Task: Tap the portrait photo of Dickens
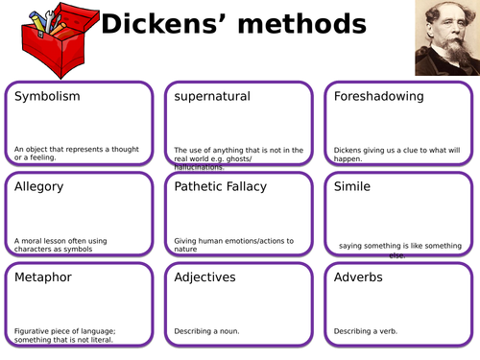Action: [445, 37]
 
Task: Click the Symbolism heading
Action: [47, 97]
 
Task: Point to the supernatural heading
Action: [212, 97]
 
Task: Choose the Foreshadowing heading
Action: [379, 97]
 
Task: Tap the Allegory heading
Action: [39, 186]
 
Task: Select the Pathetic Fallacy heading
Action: [220, 186]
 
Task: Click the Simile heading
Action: [351, 186]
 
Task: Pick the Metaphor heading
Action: [43, 277]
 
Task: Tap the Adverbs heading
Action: [358, 277]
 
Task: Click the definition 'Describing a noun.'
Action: [206, 331]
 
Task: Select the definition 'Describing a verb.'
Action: [366, 331]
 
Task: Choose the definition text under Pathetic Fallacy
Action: [233, 245]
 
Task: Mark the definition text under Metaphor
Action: [74, 335]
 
